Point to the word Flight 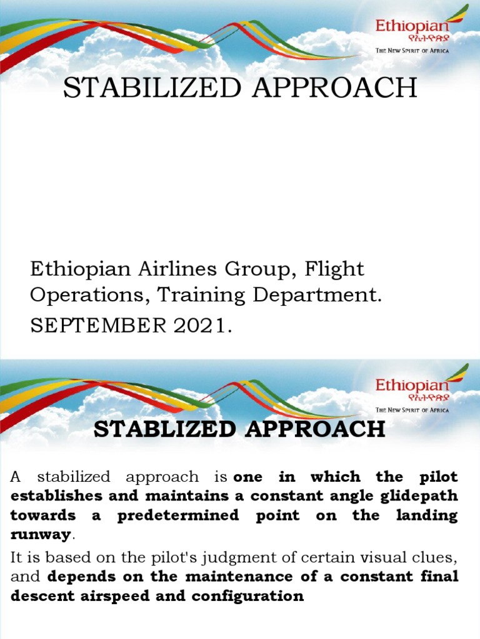point(334,270)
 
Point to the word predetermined point(178,516)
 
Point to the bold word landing point(427,516)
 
